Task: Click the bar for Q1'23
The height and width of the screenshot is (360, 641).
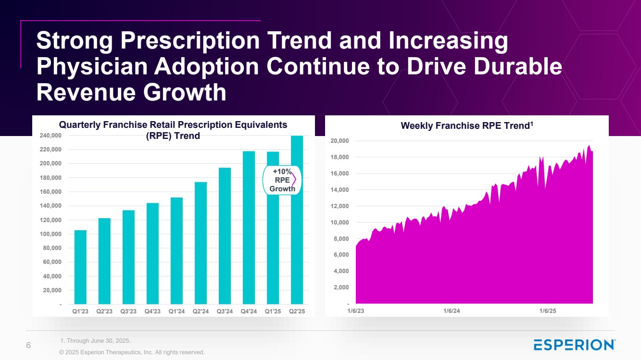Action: pos(80,267)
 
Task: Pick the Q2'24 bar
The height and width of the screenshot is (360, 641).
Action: pos(201,243)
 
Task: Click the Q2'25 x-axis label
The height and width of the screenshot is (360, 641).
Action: pos(297,311)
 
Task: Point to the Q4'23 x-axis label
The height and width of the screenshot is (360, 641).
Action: pos(152,311)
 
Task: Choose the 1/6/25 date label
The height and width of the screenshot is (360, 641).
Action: pos(547,311)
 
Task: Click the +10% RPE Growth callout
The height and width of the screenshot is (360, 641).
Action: pos(282,180)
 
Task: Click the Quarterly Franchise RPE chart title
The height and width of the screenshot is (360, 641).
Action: pos(173,130)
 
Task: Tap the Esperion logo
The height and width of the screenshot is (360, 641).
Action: pos(574,345)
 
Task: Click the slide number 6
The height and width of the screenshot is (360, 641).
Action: pos(28,345)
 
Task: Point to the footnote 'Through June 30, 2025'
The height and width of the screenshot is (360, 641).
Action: pos(96,341)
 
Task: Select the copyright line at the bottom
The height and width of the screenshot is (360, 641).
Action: pos(132,352)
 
